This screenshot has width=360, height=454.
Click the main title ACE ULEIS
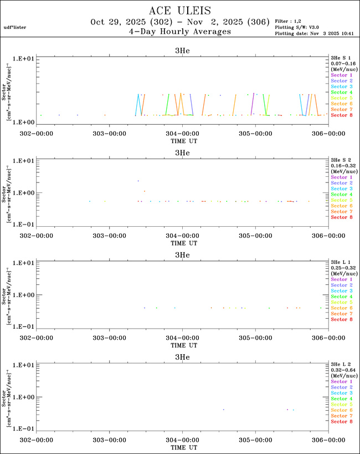pyautogui.click(x=179, y=11)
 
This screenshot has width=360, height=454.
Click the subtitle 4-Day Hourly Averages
pyautogui.click(x=179, y=32)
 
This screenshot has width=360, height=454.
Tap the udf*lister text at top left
pyautogui.click(x=15, y=27)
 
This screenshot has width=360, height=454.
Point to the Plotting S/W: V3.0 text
pyautogui.click(x=298, y=27)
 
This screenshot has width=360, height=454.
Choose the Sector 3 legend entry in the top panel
pyautogui.click(x=342, y=86)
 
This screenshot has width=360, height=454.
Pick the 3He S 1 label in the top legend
pyautogui.click(x=341, y=57)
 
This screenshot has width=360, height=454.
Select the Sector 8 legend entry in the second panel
pyautogui.click(x=342, y=217)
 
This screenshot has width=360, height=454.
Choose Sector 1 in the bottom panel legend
pyautogui.click(x=342, y=382)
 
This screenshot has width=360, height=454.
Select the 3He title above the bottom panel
pyautogui.click(x=182, y=357)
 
